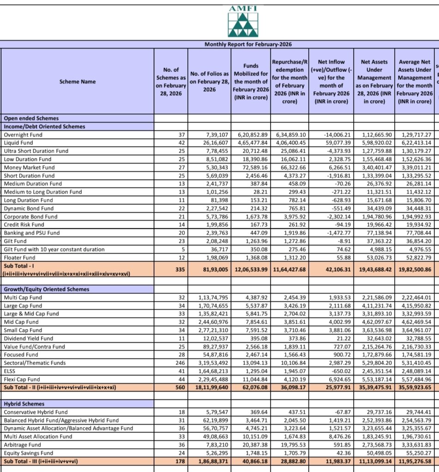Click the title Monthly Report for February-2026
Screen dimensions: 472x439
click(248, 44)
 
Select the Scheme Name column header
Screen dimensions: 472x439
click(78, 82)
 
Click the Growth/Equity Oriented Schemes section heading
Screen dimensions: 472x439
click(46, 289)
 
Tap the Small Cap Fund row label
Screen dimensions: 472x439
click(22, 330)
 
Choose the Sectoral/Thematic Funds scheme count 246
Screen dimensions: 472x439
click(177, 363)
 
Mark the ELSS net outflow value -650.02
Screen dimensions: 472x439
click(339, 371)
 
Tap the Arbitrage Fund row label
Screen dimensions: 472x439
click(22, 444)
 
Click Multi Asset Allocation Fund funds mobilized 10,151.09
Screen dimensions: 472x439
click(254, 436)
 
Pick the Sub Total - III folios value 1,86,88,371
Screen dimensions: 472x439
click(210, 461)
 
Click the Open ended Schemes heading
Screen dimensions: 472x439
click(31, 118)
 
